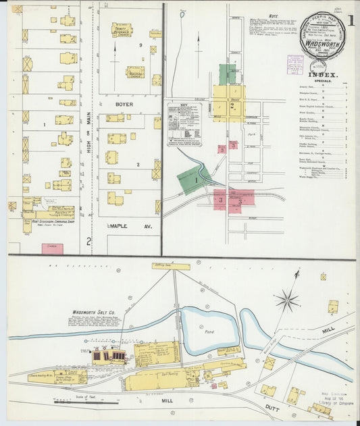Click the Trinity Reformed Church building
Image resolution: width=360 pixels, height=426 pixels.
(x=122, y=30)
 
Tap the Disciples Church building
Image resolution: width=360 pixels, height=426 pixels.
(x=134, y=72)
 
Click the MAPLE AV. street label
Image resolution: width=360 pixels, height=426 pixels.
(x=130, y=226)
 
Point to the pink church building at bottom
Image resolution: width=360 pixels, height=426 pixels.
(x=52, y=248)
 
